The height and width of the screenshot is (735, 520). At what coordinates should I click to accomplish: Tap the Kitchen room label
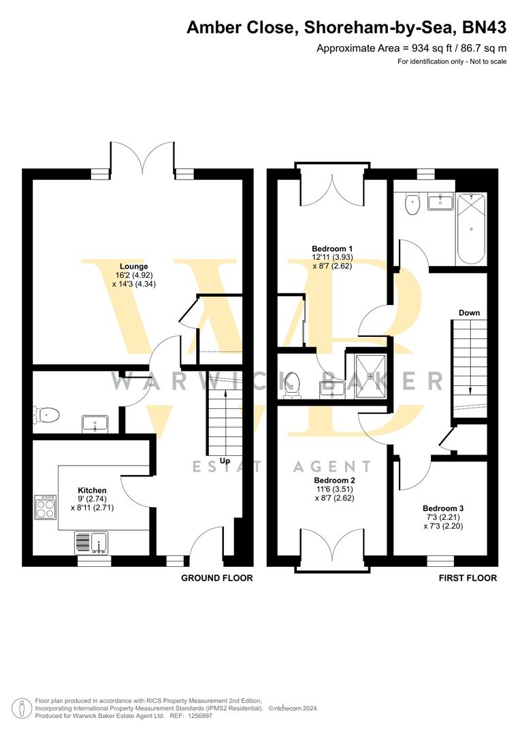(92, 490)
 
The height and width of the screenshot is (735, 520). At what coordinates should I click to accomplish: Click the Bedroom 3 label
(443, 508)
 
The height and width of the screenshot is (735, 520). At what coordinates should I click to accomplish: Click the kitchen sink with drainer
(91, 543)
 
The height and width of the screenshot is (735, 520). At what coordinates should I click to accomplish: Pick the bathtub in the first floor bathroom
(472, 230)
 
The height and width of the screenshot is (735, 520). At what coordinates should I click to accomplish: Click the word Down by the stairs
(469, 313)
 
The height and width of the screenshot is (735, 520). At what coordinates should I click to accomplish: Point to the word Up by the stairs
(225, 461)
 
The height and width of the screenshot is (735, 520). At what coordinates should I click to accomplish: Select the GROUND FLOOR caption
(216, 578)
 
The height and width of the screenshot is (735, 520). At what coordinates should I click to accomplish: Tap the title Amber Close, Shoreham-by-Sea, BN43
(346, 28)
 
